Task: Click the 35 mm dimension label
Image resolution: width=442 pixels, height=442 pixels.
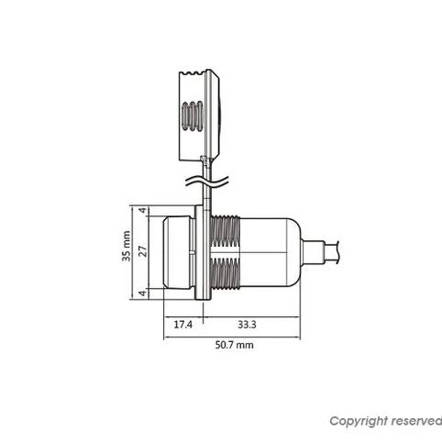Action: (126, 246)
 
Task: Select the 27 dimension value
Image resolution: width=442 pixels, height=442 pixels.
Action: (143, 251)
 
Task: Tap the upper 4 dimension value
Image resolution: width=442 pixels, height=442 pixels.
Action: (142, 211)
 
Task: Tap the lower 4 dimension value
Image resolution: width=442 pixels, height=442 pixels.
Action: (142, 293)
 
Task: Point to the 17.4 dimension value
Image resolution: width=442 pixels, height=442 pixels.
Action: (183, 325)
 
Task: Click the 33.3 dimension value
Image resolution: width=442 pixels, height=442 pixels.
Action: (247, 325)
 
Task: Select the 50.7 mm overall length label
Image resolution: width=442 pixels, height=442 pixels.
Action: (235, 345)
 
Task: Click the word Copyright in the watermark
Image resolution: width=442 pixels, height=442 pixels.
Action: (359, 421)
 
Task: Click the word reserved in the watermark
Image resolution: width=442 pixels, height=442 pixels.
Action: (416, 421)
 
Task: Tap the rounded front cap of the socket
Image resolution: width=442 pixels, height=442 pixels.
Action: (176, 252)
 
